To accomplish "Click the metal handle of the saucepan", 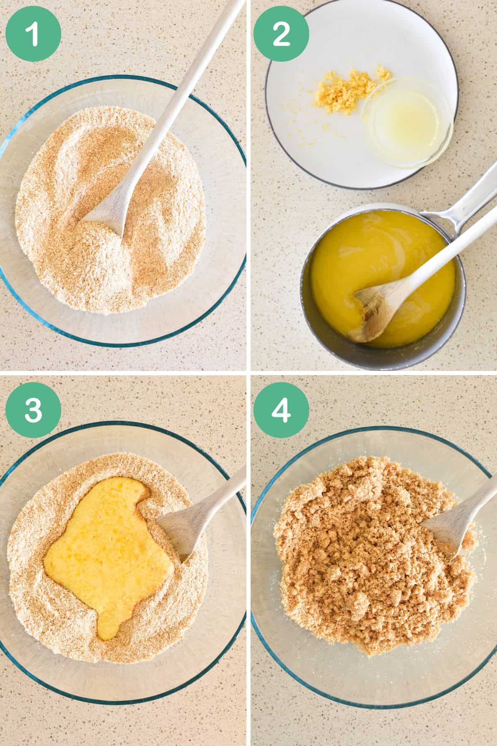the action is click(x=460, y=199).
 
